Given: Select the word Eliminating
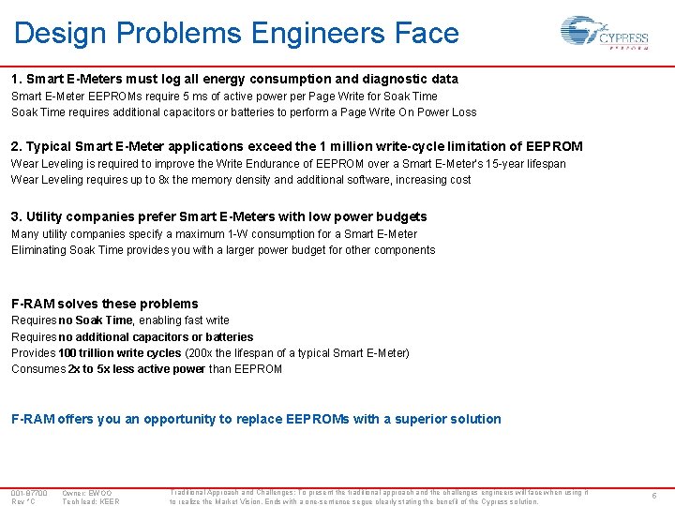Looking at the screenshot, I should pos(39,250).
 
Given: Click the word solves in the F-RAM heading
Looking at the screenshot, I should pos(79,304).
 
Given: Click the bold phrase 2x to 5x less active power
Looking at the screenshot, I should pos(136,369).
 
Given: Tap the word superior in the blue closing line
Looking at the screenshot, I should pos(429,419).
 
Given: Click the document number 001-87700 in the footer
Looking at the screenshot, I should pos(29,493).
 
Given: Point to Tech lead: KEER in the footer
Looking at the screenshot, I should pos(90,501).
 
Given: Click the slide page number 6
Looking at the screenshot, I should pos(653,496).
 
